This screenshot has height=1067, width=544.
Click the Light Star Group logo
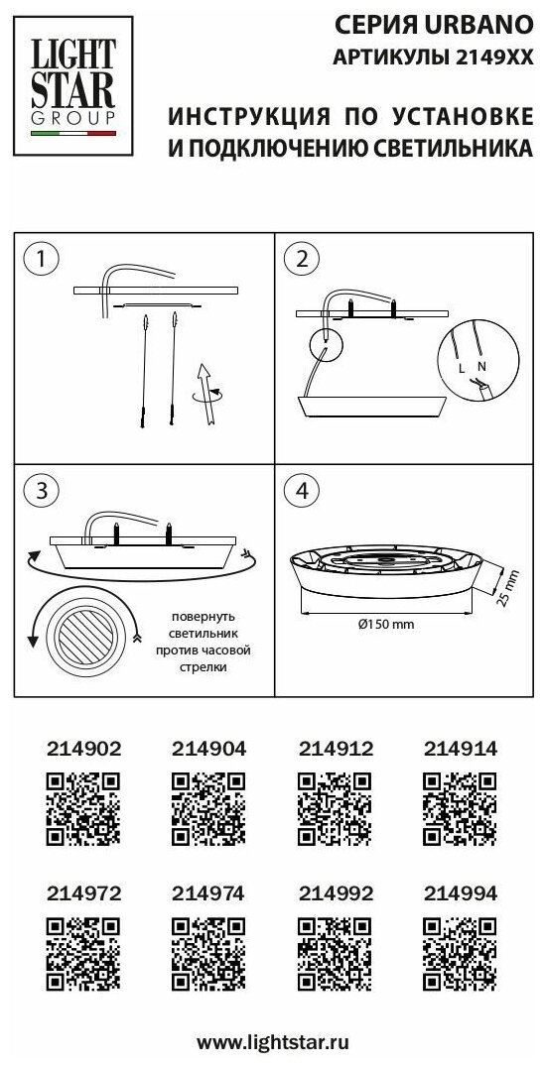72,85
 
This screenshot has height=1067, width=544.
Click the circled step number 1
41,259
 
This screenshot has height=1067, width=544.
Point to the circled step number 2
303,259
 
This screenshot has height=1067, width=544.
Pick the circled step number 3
41,491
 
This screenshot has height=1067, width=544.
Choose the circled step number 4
303,491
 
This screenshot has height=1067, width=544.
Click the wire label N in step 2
482,366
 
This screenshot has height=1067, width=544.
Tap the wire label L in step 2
462,368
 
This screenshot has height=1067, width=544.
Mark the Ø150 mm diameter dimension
386,624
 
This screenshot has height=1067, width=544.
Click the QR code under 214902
83,809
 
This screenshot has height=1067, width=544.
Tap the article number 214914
461,749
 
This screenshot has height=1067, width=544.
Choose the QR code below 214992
335,953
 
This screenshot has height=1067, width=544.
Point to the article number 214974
208,892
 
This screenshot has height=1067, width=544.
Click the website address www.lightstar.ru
272,1041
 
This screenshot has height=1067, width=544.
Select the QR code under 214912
335,809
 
